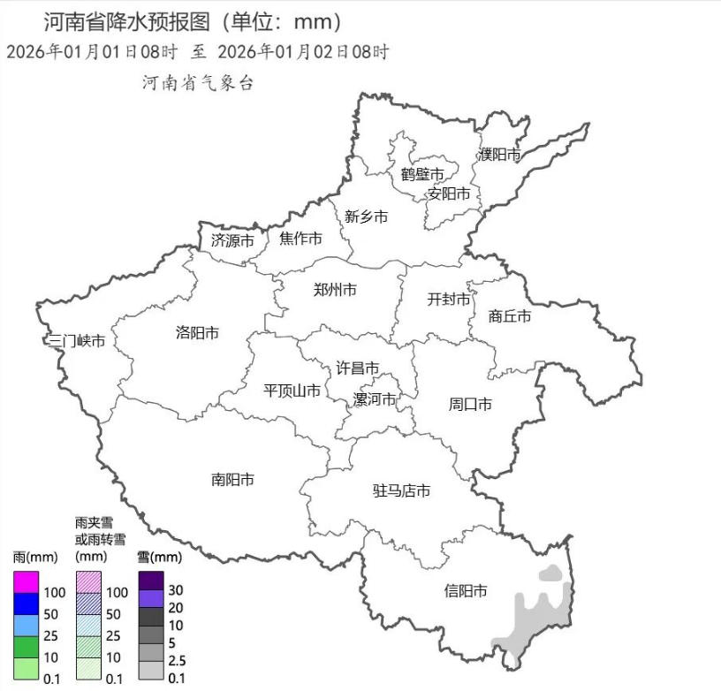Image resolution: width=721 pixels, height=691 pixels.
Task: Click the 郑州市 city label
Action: coord(336,290)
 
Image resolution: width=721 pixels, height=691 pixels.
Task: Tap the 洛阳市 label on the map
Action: coord(197,333)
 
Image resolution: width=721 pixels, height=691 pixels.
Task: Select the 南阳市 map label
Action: coord(232,480)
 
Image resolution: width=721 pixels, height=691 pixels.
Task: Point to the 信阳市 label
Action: coord(466,591)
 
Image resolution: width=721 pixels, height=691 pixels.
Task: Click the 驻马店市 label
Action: coord(401,490)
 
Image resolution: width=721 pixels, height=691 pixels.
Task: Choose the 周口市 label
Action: coord(470,405)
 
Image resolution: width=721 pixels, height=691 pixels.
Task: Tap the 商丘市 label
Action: coord(510,316)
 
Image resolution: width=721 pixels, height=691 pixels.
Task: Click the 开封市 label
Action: coord(449,300)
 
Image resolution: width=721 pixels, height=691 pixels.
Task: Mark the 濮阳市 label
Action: coord(499,155)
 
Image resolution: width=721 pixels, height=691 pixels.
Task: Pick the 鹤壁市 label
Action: coord(421,174)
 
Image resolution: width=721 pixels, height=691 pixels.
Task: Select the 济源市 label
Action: coord(232,240)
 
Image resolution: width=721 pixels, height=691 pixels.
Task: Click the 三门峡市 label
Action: coord(77,341)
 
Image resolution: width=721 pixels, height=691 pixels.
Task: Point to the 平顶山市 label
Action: coord(292,391)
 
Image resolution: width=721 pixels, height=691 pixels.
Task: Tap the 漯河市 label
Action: coord(375,399)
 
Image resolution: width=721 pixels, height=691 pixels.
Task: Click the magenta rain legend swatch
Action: coord(26,582)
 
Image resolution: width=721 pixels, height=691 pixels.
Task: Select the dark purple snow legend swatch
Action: coord(150,581)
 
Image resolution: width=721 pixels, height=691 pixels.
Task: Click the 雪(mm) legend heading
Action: coord(159,558)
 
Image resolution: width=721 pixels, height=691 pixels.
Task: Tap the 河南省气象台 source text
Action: coord(198,83)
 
